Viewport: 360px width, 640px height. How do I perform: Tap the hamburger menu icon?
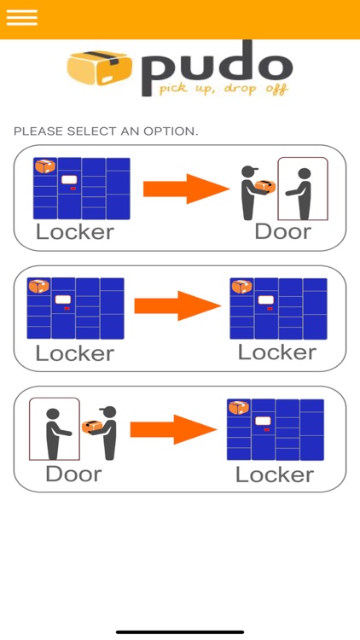tap(22, 18)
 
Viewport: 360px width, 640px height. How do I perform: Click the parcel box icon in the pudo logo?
tap(100, 67)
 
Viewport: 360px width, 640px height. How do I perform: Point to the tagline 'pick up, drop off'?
tap(224, 89)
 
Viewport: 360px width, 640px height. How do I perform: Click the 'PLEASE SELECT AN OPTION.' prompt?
tap(106, 131)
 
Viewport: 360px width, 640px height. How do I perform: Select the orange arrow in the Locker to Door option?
tap(186, 189)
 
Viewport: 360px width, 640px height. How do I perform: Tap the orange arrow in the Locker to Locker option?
tap(177, 305)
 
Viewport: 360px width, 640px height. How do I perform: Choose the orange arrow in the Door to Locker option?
tap(173, 429)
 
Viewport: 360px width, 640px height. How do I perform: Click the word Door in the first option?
tap(283, 232)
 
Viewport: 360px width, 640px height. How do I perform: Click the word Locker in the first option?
tap(75, 232)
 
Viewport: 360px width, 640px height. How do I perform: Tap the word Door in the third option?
tap(74, 474)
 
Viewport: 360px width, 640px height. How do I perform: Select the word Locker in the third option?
tap(275, 474)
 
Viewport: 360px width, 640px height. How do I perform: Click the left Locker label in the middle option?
tap(75, 353)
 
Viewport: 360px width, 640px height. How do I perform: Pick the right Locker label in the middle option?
tap(277, 352)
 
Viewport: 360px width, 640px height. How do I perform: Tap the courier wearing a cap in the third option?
tap(106, 433)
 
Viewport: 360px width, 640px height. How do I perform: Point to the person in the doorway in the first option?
tap(301, 194)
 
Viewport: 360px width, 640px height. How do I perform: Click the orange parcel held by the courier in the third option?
tap(92, 427)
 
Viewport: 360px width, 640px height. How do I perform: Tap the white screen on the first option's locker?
tap(69, 179)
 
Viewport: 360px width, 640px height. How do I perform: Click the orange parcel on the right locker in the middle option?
tap(241, 287)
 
